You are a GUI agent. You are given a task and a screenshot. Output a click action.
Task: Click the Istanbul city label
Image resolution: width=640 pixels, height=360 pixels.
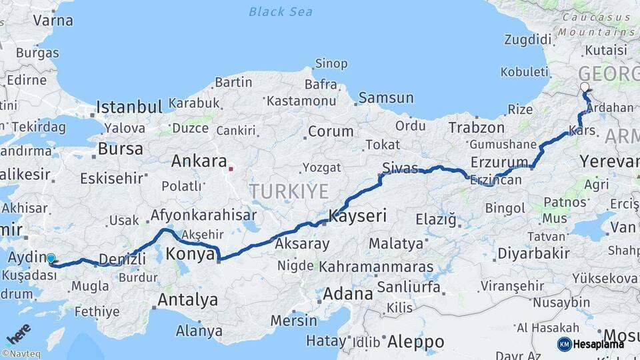129,107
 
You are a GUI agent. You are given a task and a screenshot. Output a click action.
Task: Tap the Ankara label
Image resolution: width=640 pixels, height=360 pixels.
199,161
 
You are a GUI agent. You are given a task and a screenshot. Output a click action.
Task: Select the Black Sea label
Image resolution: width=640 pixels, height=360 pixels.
281,11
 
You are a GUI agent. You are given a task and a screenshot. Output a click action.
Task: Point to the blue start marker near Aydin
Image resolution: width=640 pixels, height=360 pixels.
51,258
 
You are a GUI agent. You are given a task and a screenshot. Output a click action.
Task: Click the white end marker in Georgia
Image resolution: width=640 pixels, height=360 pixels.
585,87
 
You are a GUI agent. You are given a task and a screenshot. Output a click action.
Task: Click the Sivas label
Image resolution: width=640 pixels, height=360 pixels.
400,167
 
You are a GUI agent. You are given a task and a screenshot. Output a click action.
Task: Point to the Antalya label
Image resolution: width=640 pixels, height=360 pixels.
187,300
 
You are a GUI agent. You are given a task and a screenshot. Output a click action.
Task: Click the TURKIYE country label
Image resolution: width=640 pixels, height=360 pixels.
289,192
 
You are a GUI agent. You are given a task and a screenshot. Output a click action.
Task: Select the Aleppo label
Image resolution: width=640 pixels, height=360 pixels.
415,342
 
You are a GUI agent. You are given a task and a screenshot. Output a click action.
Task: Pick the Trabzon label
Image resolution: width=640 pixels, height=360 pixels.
477,127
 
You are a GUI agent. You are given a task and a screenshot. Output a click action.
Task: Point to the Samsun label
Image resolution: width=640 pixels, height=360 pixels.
386,98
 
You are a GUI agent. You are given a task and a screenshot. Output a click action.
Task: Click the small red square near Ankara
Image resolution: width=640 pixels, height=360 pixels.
231,169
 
